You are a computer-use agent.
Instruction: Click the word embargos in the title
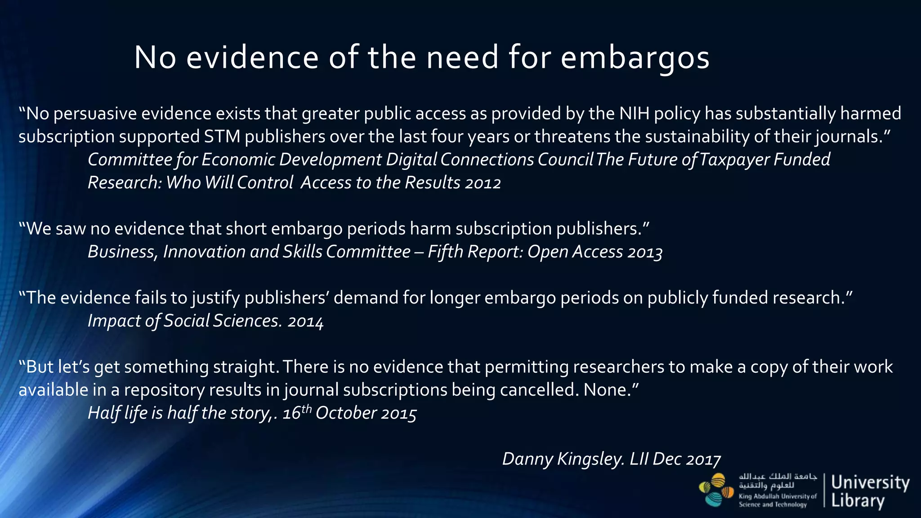point(635,58)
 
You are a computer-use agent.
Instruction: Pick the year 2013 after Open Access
point(645,252)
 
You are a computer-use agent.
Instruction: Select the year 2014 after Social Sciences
point(305,321)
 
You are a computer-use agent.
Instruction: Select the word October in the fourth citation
point(346,413)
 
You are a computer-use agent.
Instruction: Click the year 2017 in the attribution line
point(704,459)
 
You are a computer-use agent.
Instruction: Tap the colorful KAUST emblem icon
point(716,490)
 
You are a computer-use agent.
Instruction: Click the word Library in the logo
point(858,501)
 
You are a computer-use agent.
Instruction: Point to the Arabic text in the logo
point(778,481)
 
